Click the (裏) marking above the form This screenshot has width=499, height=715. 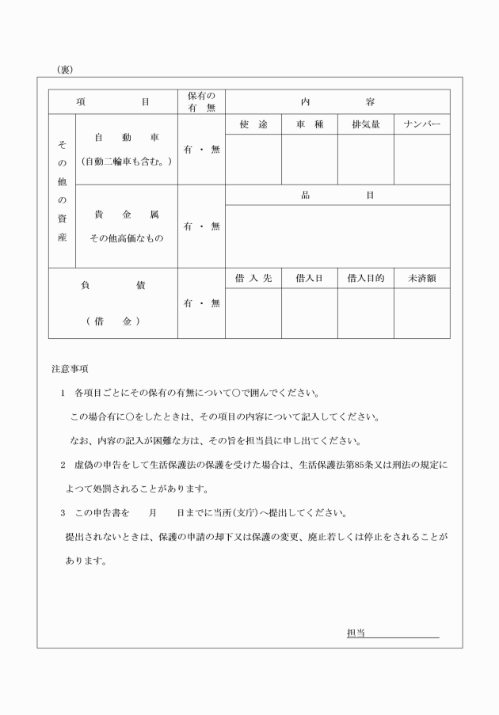(65, 70)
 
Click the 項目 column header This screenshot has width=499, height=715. (112, 102)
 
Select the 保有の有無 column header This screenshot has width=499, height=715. (201, 102)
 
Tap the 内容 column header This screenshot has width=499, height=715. (337, 102)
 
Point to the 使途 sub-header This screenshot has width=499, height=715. (253, 125)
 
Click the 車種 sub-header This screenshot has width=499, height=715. (310, 125)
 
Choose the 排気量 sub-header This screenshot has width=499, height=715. (366, 125)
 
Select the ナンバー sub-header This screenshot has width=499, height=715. (422, 125)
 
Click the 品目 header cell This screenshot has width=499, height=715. (337, 195)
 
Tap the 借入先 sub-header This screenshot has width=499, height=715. (253, 279)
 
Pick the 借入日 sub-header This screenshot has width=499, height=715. (310, 279)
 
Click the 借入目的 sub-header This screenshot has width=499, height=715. (366, 279)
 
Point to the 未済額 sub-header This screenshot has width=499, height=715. (422, 279)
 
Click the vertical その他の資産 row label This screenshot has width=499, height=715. (62, 192)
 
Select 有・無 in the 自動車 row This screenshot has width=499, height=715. (201, 150)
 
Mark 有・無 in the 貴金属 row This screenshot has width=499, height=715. (201, 226)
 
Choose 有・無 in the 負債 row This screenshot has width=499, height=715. (201, 303)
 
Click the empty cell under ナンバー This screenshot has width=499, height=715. (422, 159)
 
